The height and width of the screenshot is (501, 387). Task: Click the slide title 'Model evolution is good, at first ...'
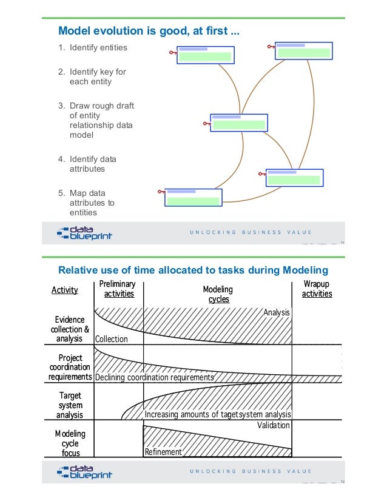147,31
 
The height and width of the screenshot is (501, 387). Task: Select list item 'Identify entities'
98,48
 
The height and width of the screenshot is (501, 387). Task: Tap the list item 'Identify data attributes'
92,164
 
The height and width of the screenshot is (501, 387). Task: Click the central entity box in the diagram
238,122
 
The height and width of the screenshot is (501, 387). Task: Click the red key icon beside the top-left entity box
173,53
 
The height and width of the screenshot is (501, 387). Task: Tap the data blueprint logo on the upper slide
84,233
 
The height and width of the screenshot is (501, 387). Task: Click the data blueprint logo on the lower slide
84,472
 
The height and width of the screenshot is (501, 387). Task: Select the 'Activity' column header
65,290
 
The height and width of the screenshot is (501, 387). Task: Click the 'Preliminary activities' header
119,289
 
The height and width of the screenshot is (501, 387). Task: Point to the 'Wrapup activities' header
317,289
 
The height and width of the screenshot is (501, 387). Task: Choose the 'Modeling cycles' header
218,294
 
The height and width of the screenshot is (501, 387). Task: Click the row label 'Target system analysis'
70,405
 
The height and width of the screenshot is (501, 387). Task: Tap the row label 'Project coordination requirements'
70,367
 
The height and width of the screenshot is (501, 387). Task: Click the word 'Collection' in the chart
112,340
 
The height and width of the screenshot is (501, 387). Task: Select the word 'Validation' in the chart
274,425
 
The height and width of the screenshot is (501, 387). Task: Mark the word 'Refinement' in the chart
163,452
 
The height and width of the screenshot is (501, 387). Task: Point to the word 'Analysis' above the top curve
277,312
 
